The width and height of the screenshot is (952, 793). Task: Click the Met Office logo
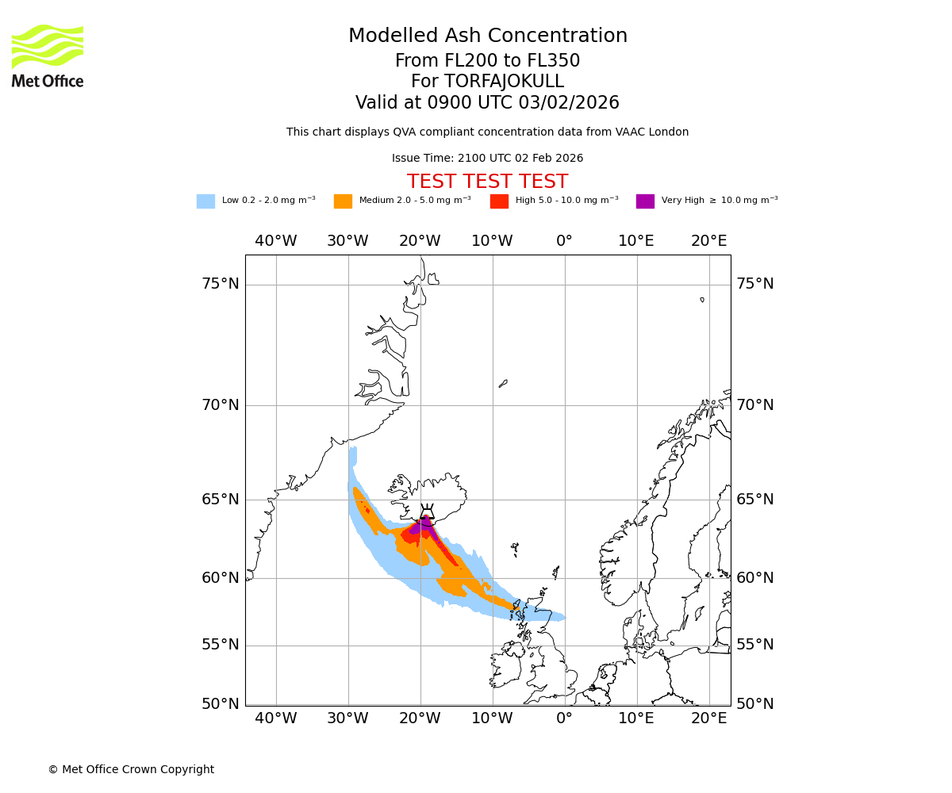point(48,56)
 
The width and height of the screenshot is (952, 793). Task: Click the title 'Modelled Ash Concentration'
point(488,36)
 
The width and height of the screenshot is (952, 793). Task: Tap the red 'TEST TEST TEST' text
point(487,182)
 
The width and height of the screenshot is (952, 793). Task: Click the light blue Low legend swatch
point(205,201)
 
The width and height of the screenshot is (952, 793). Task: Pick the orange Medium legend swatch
point(343,201)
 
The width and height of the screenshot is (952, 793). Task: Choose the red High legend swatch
point(499,201)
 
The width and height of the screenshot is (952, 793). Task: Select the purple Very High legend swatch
point(645,201)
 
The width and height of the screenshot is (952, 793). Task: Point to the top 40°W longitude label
point(275,241)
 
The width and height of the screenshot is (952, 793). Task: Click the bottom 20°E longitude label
point(708,718)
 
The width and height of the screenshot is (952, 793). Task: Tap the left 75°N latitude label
point(220,284)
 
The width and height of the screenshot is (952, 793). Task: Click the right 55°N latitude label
point(754,644)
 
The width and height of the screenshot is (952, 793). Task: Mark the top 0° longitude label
point(564,241)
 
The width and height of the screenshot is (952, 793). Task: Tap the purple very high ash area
point(424,525)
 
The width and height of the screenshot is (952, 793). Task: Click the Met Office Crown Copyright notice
point(131,769)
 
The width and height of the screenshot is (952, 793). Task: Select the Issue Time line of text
point(487,158)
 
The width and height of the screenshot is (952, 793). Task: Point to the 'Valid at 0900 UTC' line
point(487,103)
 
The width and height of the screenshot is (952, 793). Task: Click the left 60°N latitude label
point(220,577)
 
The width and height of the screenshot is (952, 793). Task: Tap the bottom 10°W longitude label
point(492,718)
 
